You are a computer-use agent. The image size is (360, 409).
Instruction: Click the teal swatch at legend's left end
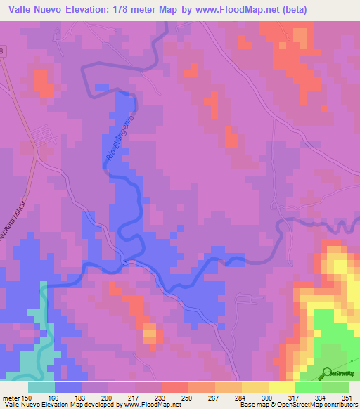click(41, 387)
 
